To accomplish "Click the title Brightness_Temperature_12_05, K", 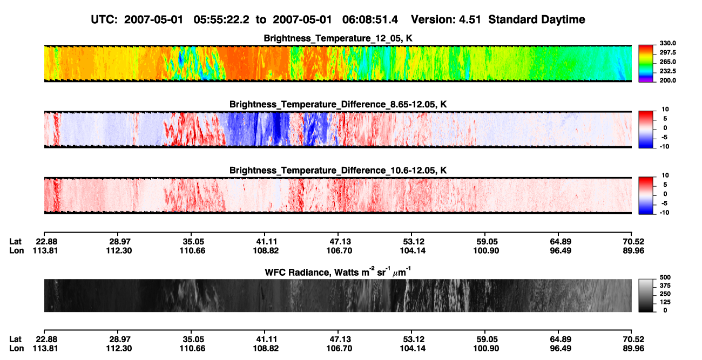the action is point(338,38).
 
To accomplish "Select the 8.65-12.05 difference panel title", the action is point(338,104).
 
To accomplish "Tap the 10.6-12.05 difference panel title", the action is point(338,171).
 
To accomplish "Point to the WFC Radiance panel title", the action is point(338,271).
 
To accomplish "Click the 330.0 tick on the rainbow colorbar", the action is point(667,43).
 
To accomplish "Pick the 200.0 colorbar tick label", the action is point(667,80).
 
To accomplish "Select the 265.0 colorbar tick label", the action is point(667,62).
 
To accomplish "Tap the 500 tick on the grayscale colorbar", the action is point(665,277).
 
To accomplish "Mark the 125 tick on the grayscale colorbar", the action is point(665,302).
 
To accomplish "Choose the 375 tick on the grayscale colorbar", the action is point(665,286).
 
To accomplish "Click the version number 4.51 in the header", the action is point(470,20).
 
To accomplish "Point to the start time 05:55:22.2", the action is point(221,20).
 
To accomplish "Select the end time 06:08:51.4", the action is point(370,20).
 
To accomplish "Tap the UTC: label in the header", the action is point(104,20).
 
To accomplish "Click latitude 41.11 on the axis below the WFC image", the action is point(266,339).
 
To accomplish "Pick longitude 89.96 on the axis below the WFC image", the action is point(633,349).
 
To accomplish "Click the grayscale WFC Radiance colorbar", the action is point(646,295).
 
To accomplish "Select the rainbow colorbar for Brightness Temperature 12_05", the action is point(646,64).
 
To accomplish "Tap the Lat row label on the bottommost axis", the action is point(15,339).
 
